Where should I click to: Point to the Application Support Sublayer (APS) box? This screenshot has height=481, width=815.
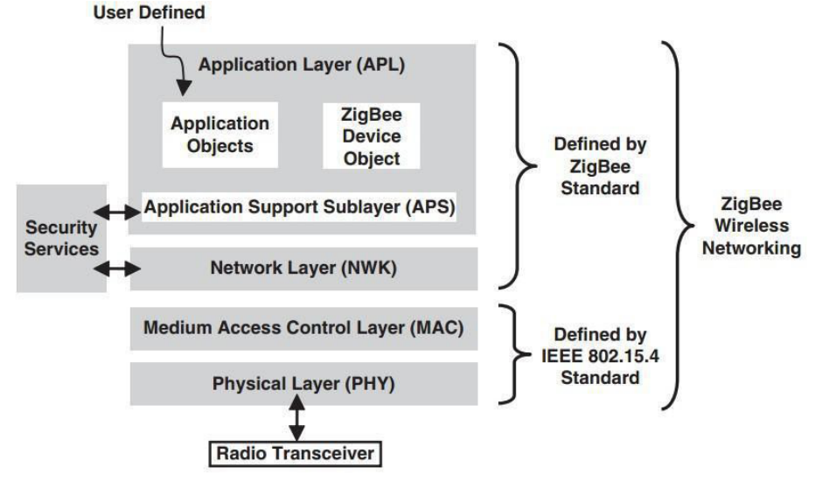click(x=301, y=208)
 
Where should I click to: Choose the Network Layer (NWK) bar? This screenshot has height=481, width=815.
click(x=303, y=268)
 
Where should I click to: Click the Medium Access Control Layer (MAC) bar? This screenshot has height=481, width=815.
click(x=303, y=329)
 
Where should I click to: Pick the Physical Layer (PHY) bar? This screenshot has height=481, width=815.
click(x=303, y=383)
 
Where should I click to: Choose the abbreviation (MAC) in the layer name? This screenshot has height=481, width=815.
click(x=435, y=329)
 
